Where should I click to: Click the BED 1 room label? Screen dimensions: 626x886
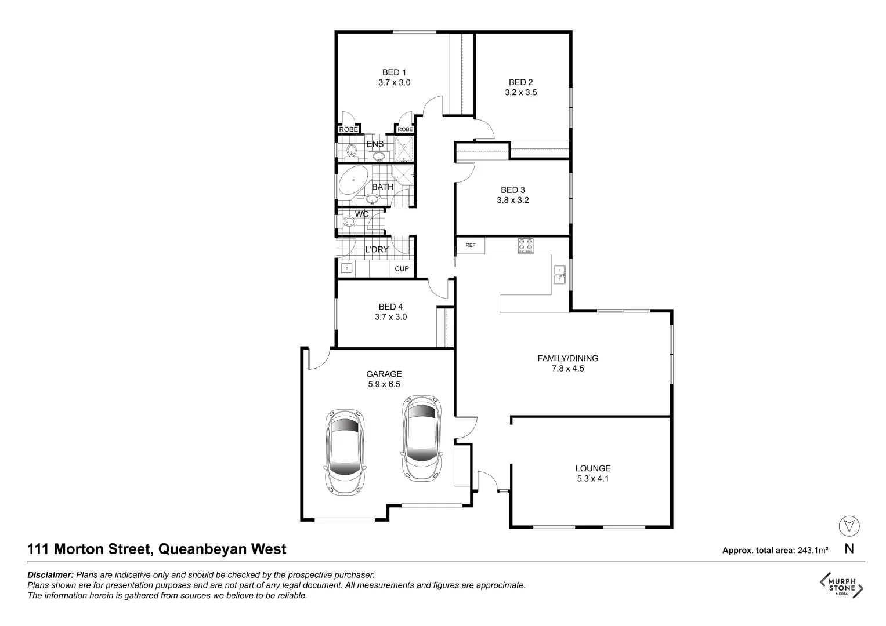394,72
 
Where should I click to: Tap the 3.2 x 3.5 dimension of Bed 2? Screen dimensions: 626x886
520,92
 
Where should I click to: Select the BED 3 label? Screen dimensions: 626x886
512,190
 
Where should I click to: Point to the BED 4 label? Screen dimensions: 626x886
390,307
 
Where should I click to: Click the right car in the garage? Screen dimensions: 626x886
422,438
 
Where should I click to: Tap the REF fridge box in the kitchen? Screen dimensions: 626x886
470,245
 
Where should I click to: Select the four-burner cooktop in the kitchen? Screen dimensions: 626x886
526,246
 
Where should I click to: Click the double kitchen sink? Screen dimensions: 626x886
559,275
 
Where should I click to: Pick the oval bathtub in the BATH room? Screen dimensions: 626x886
353,181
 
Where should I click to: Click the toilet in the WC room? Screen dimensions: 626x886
349,221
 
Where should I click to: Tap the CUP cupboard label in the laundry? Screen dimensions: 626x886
402,268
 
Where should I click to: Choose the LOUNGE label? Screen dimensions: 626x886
592,468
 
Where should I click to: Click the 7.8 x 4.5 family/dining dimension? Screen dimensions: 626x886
567,368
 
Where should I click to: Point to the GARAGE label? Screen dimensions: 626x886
384,374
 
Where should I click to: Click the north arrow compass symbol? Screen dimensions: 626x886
849,526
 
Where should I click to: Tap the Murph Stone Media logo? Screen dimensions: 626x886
841,585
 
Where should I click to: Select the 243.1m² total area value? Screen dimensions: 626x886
812,551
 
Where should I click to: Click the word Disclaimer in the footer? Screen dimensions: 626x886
50,575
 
